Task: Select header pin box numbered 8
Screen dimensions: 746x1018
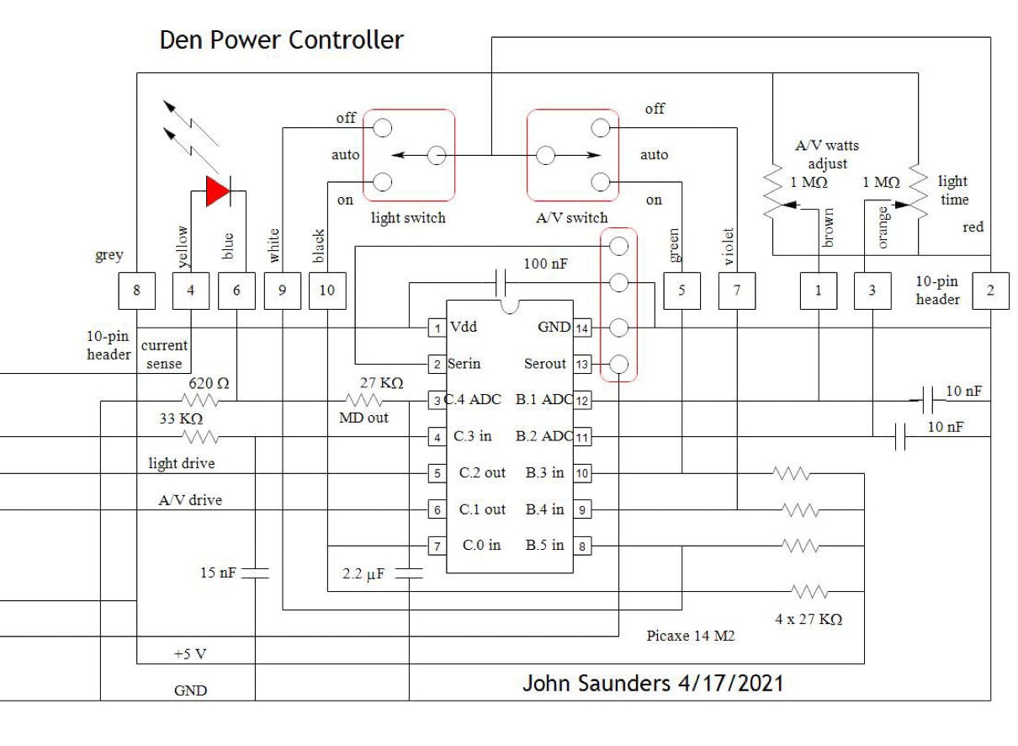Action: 136,290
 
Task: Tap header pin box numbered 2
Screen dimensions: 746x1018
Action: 990,290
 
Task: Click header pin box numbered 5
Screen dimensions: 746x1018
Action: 680,290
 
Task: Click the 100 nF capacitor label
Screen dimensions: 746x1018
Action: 545,264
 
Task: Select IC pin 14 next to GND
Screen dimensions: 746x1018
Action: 581,328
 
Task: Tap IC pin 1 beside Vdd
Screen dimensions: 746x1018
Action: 437,328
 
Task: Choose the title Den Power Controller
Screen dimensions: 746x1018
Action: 281,40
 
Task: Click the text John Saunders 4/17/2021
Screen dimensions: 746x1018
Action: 652,682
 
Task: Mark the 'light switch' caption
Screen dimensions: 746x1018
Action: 408,218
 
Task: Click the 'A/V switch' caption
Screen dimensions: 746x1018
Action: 571,218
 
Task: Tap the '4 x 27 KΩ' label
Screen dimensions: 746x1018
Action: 809,620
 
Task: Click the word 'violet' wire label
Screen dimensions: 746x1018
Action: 729,247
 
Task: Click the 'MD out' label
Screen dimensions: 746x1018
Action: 363,418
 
